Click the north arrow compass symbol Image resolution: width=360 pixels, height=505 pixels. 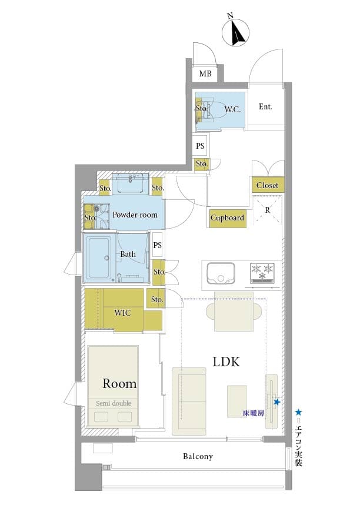click(x=238, y=33)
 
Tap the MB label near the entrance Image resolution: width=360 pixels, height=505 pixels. click(x=205, y=73)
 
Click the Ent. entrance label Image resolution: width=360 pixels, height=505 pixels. click(x=265, y=107)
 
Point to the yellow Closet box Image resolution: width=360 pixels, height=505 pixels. click(x=267, y=185)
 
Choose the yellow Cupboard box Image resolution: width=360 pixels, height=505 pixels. click(x=227, y=218)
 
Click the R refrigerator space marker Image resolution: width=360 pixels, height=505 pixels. click(x=268, y=209)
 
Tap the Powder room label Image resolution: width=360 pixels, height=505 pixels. click(x=135, y=215)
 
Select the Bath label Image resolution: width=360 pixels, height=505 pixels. click(x=128, y=255)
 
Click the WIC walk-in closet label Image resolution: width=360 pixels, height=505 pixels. click(x=122, y=312)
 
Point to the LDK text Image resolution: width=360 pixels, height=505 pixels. click(x=226, y=362)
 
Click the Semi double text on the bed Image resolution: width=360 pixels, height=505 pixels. click(x=114, y=403)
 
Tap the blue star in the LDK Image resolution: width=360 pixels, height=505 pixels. click(x=276, y=402)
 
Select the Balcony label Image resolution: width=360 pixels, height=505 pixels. click(x=198, y=456)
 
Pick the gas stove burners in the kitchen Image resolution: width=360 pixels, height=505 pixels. click(x=263, y=271)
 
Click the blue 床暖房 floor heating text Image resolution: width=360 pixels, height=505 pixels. click(x=254, y=413)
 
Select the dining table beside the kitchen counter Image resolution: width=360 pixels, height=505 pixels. click(x=233, y=312)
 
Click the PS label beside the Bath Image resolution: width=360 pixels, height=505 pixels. click(x=157, y=245)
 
